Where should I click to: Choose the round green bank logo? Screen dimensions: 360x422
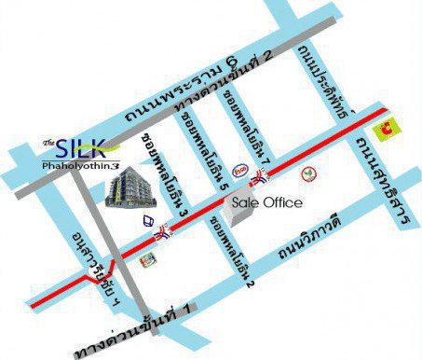click(308, 173)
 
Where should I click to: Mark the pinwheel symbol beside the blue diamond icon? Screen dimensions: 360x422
click(164, 233)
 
